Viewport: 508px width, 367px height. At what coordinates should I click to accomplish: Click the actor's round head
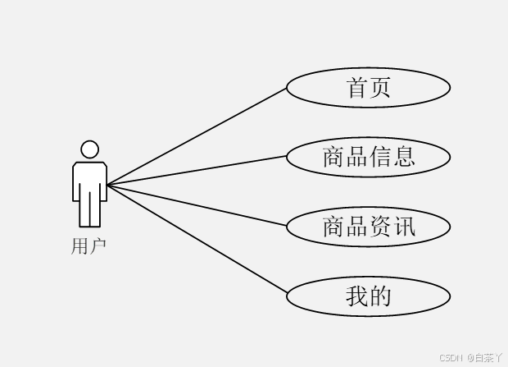point(89,149)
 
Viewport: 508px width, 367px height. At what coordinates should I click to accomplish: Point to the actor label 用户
point(88,245)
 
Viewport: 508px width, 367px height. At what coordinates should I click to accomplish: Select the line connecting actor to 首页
point(197,136)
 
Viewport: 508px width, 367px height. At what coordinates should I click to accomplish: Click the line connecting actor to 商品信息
point(197,170)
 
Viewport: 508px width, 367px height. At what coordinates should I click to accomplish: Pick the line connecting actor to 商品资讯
point(197,204)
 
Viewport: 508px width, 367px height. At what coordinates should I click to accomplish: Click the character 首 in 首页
point(358,87)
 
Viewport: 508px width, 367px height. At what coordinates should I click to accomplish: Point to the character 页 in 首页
point(380,87)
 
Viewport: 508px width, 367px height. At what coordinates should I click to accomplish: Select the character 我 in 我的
point(357,296)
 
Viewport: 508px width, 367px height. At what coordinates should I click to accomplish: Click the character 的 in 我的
point(380,296)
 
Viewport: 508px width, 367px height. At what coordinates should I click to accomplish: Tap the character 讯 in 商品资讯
point(404,226)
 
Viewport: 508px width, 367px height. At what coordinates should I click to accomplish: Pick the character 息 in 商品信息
point(404,156)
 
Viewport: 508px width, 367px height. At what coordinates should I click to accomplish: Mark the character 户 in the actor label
point(98,245)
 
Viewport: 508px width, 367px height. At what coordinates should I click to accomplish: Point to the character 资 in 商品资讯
point(380,226)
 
